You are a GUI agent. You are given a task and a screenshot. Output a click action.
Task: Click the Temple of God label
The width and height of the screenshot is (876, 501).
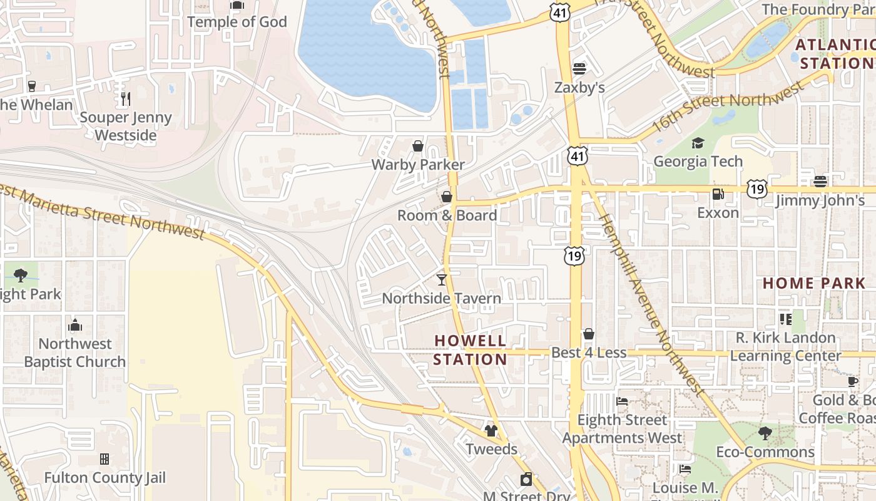[x=237, y=22]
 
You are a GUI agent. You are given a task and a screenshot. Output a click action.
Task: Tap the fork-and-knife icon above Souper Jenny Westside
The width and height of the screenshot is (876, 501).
[x=125, y=98]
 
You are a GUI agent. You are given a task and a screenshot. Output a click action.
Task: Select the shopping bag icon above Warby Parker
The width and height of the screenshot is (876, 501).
[x=418, y=146]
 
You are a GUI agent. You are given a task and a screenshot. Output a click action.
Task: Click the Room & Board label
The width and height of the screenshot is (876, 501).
[x=447, y=215]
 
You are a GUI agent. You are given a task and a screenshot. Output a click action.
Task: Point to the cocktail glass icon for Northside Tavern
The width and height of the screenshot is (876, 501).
[x=442, y=279]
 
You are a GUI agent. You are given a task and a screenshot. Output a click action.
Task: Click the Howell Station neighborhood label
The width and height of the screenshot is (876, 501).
[x=470, y=350]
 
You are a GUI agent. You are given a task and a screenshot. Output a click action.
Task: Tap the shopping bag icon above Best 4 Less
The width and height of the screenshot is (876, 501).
[x=588, y=334]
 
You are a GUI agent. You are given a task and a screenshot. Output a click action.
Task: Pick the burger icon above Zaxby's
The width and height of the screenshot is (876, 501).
[x=579, y=68]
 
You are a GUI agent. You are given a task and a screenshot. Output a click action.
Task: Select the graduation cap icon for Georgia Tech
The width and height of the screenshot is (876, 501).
[x=698, y=143]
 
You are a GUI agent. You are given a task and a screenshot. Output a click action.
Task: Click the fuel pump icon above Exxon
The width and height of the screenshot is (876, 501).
[x=718, y=194]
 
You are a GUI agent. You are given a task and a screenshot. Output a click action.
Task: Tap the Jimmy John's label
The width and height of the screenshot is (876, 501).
[x=820, y=200]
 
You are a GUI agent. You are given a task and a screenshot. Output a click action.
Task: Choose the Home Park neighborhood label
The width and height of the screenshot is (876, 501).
[x=813, y=283]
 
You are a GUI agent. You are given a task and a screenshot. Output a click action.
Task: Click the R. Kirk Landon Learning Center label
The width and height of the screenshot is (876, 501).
[x=786, y=347]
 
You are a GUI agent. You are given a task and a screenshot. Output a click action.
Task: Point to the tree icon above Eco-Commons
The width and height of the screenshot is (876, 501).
[x=765, y=433]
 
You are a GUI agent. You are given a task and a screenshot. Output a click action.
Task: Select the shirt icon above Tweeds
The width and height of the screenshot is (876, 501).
[x=491, y=431]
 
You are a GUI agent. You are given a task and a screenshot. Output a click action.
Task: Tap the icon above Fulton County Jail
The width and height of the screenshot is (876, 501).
[x=104, y=459]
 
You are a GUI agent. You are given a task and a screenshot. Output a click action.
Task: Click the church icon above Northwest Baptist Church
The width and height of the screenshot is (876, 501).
[x=75, y=325]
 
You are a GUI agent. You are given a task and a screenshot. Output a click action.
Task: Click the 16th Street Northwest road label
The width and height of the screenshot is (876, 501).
[x=726, y=106]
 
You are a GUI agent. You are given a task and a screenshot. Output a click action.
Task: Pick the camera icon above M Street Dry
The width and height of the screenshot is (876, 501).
[x=526, y=479]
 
